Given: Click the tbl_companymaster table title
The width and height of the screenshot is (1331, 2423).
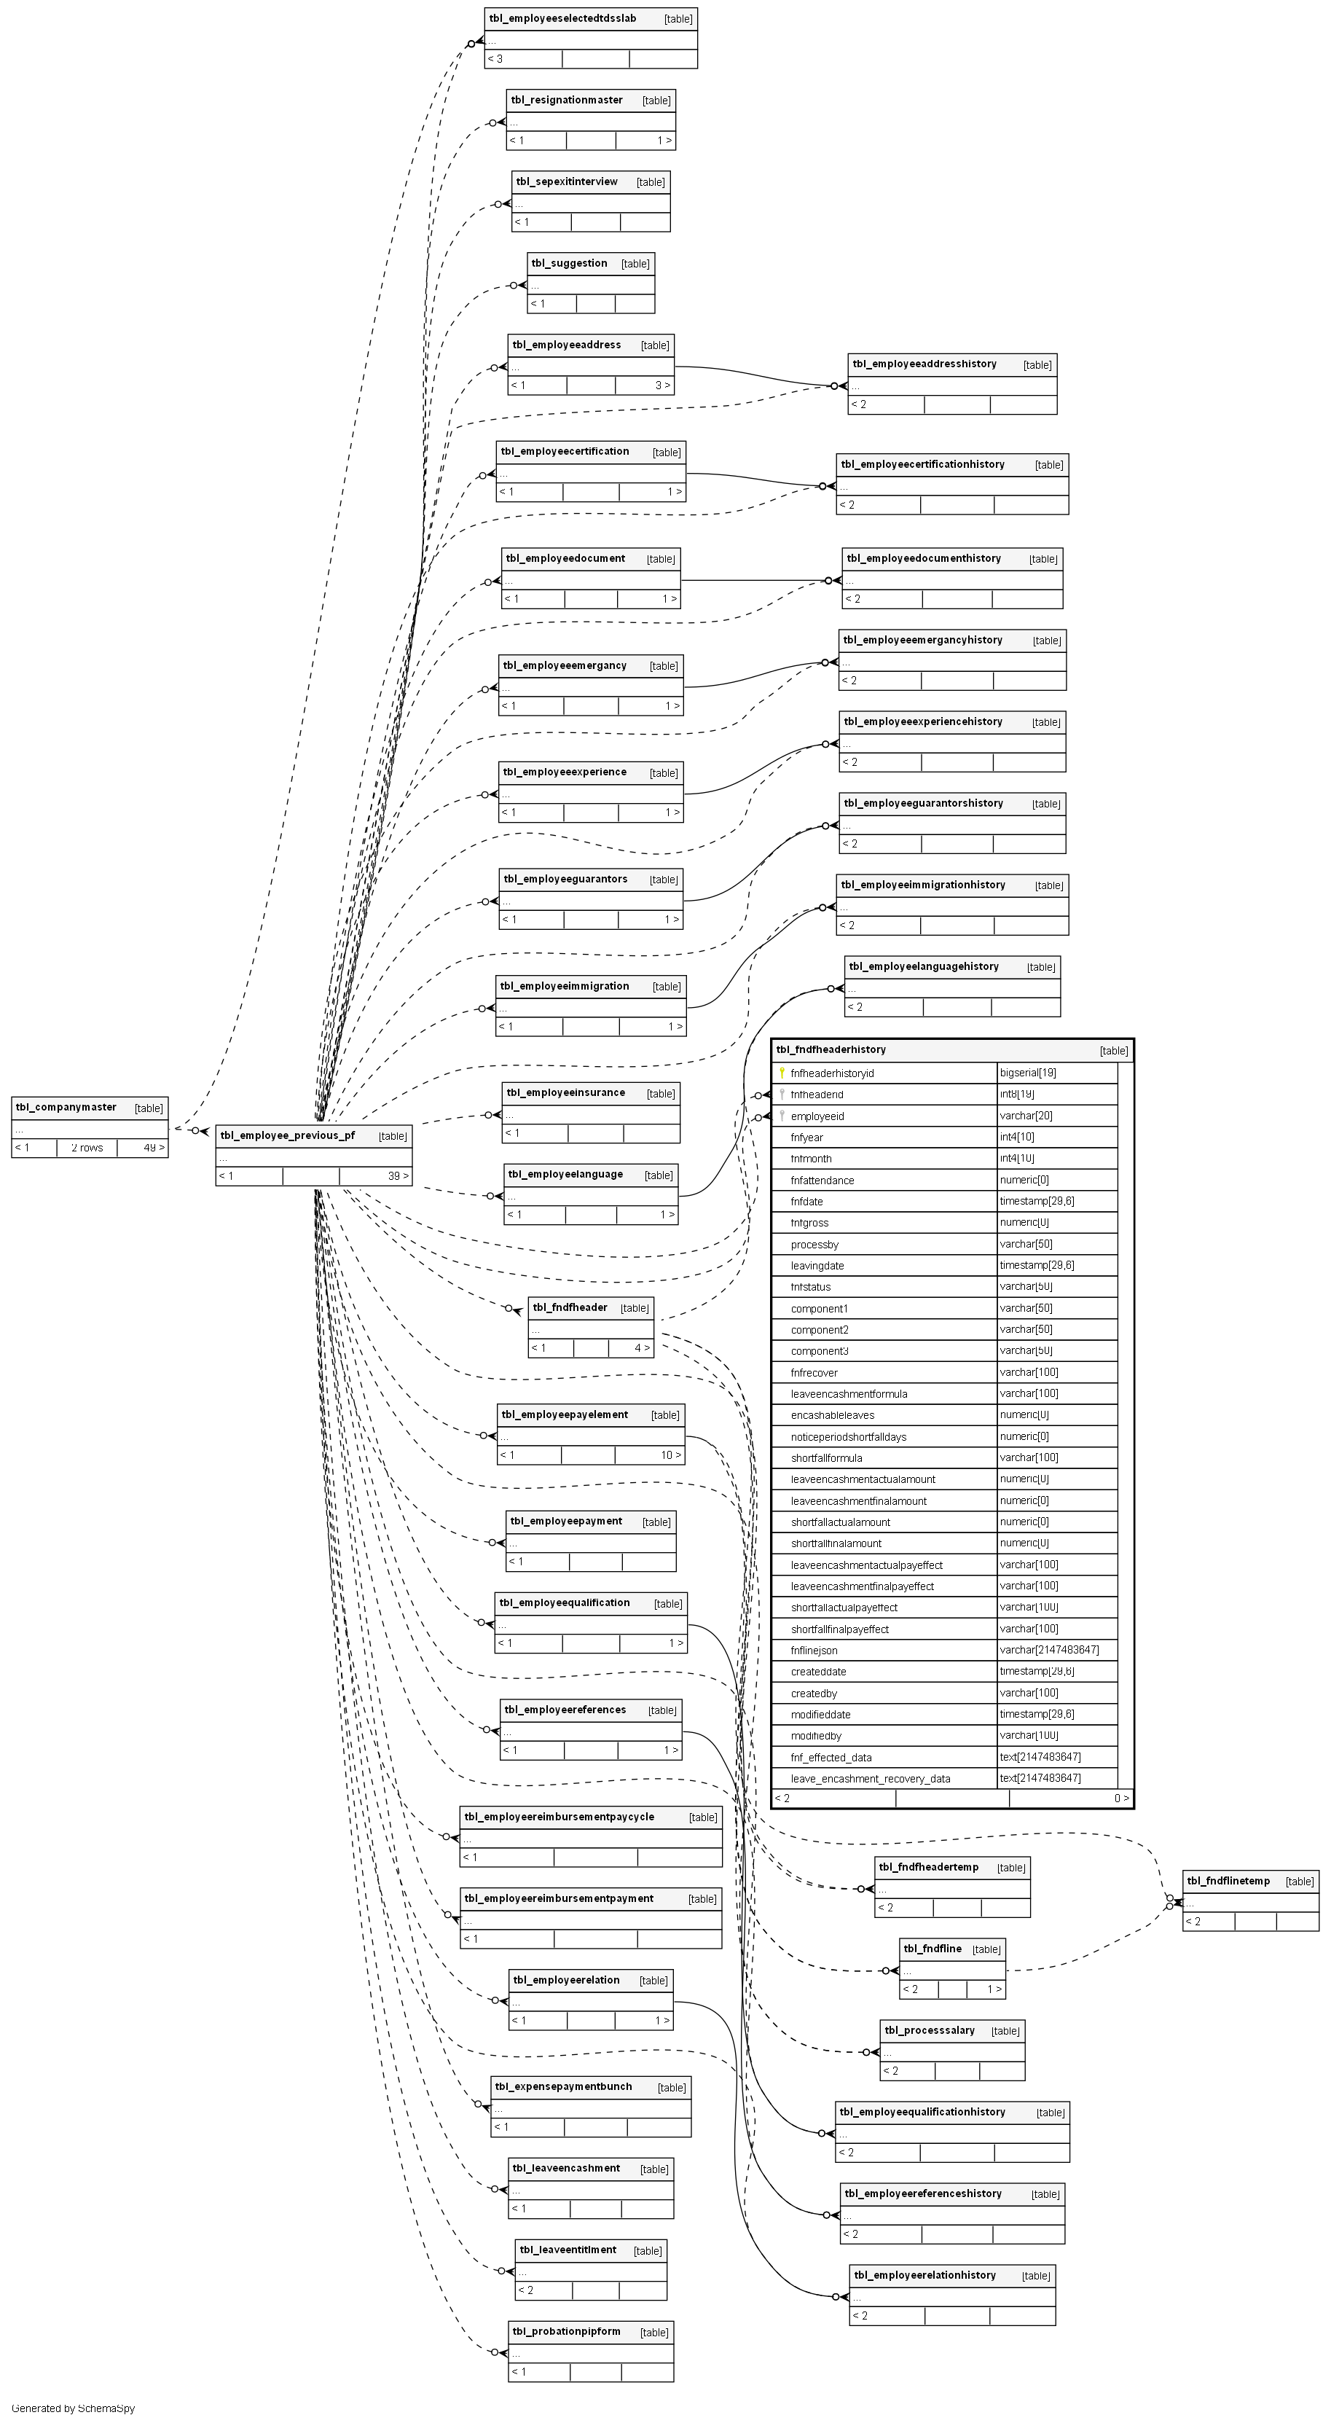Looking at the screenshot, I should pyautogui.click(x=66, y=1107).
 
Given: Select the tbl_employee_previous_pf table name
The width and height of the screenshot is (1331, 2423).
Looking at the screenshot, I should pyautogui.click(x=288, y=1135).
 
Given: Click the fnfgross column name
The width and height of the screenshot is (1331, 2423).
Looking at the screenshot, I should pyautogui.click(x=810, y=1223).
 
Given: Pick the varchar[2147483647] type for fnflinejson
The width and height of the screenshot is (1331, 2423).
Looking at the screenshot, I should pyautogui.click(x=1049, y=1650).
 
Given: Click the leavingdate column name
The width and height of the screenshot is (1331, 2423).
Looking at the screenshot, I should pyautogui.click(x=817, y=1265).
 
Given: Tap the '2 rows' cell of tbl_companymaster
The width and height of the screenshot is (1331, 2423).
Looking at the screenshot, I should pyautogui.click(x=87, y=1148).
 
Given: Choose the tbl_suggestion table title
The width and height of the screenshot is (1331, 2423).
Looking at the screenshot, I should pyautogui.click(x=569, y=263).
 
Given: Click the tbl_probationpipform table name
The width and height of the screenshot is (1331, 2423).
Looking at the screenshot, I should pyautogui.click(x=566, y=2332).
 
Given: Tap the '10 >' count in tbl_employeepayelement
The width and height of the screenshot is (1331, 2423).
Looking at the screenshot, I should pyautogui.click(x=670, y=1455).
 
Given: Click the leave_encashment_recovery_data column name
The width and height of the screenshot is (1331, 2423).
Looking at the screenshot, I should pyautogui.click(x=870, y=1779).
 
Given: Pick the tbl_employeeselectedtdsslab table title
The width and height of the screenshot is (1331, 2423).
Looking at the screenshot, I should pyautogui.click(x=562, y=19).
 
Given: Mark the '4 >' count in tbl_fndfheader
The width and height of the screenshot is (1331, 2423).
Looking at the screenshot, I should pyautogui.click(x=642, y=1348).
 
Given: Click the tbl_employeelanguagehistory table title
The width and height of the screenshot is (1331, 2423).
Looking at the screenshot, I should pyautogui.click(x=924, y=966).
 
